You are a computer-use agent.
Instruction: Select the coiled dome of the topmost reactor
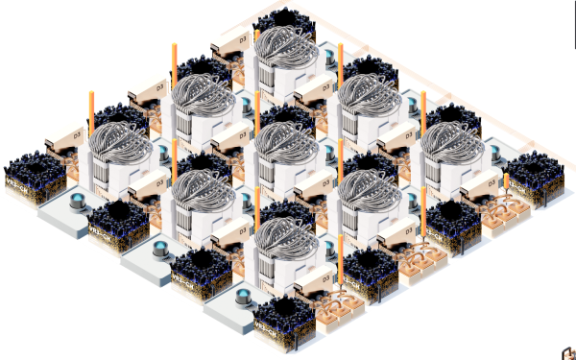click(286, 43)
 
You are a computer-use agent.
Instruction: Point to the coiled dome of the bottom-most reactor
click(286, 237)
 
